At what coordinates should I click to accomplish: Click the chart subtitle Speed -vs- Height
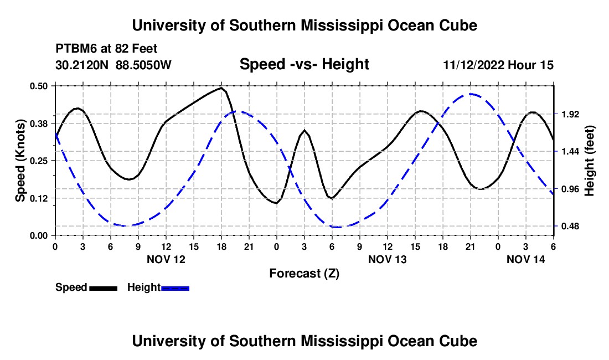tap(304, 64)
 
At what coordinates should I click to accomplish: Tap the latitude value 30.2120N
tap(82, 65)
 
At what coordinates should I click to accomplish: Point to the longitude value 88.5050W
tap(143, 65)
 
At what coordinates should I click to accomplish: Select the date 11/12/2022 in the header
tap(473, 65)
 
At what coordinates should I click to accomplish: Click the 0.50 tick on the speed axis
tap(38, 86)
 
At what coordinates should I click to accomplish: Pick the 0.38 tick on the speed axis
tap(38, 124)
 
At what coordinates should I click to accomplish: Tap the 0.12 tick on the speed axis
tap(38, 198)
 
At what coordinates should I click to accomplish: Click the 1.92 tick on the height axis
tap(570, 114)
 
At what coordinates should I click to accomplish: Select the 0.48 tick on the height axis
tap(570, 226)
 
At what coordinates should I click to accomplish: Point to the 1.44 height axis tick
tap(570, 151)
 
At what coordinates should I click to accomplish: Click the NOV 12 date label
tap(166, 259)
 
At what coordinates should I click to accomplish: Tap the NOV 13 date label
tap(387, 259)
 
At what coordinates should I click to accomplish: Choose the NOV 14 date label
tap(525, 259)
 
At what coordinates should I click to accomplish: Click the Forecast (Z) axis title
tap(304, 274)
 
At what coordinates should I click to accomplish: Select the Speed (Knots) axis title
tap(20, 161)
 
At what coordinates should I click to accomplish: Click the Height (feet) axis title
tap(589, 161)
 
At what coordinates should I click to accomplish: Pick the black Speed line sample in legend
tap(103, 288)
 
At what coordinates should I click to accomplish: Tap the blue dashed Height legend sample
tap(175, 288)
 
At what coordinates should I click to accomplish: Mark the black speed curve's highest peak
tap(221, 88)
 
